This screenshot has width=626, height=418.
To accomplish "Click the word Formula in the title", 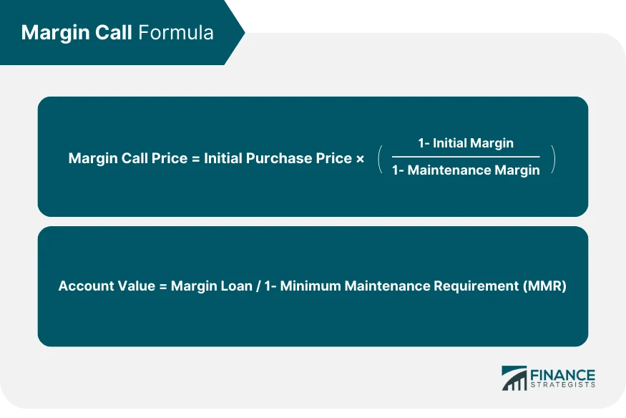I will coord(176,33).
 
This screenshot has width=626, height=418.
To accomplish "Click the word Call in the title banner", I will coord(112,33).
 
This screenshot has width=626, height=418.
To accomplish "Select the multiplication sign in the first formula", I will coord(359,158).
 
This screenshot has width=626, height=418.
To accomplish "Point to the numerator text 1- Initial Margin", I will coord(466,143).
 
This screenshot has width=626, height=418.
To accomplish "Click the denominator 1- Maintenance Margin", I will coord(466,171).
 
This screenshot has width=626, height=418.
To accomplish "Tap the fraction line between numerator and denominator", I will coord(466,157).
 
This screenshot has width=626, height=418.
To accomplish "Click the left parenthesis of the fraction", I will coord(380,157).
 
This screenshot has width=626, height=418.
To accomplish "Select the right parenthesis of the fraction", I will coord(552,157).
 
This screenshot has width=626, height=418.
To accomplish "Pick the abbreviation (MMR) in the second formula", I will coord(545,286).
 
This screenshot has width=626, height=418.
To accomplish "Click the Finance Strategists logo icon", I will coord(514,379).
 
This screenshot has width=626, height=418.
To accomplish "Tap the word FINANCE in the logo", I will coord(562,374).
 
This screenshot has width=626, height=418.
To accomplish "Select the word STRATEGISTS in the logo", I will coord(562,387).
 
